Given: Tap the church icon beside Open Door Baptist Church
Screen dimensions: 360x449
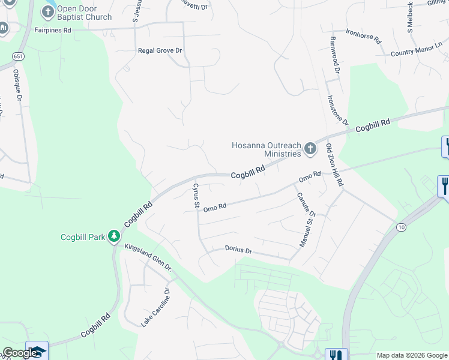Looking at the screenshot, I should [x=48, y=11].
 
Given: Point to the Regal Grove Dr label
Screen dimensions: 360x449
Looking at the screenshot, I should [x=160, y=51].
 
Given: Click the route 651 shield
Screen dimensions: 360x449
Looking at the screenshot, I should [x=13, y=55].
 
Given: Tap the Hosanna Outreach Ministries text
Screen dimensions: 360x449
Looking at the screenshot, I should [x=266, y=149].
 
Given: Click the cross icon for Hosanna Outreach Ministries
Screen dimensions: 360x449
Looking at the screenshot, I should [x=310, y=148].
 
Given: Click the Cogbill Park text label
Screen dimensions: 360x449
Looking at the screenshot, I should [x=83, y=237].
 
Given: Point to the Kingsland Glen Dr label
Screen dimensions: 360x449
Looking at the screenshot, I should [x=148, y=257].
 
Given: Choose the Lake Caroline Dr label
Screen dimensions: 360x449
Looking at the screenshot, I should [x=156, y=307].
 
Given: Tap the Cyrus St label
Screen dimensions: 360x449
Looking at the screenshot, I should [x=196, y=195].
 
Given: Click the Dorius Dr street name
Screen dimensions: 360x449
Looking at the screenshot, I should [x=238, y=248].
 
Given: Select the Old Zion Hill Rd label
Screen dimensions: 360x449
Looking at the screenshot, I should [x=334, y=164].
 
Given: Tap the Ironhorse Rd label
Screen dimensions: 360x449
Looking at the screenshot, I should [x=364, y=35].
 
